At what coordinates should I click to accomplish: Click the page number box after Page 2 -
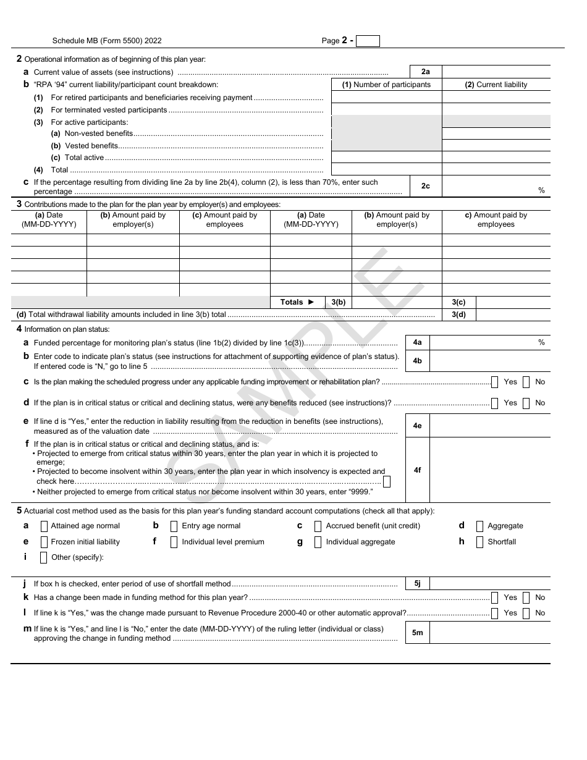tap(368, 41)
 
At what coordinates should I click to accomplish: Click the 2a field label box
tap(426, 72)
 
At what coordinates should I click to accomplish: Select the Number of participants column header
tap(387, 85)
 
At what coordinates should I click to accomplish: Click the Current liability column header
tap(496, 85)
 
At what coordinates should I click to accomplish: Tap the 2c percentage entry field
tap(496, 186)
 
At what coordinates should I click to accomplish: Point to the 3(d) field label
tap(458, 315)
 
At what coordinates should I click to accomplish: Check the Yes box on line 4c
tap(495, 382)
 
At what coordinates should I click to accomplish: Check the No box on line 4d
tap(526, 403)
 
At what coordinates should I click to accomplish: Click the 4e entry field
tap(489, 426)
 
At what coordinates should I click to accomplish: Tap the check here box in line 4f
tap(387, 481)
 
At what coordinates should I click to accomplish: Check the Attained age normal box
tap(44, 526)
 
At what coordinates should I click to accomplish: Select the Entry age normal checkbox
tap(174, 526)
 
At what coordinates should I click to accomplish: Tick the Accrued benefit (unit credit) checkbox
tap(318, 526)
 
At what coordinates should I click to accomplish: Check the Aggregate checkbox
tap(479, 526)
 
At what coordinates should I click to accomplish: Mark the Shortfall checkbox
tap(479, 543)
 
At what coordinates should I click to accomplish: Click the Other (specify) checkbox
tap(44, 557)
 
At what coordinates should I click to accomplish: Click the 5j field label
tap(417, 584)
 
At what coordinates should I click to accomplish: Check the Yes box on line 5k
tap(495, 597)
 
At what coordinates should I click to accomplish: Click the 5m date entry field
tap(489, 633)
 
